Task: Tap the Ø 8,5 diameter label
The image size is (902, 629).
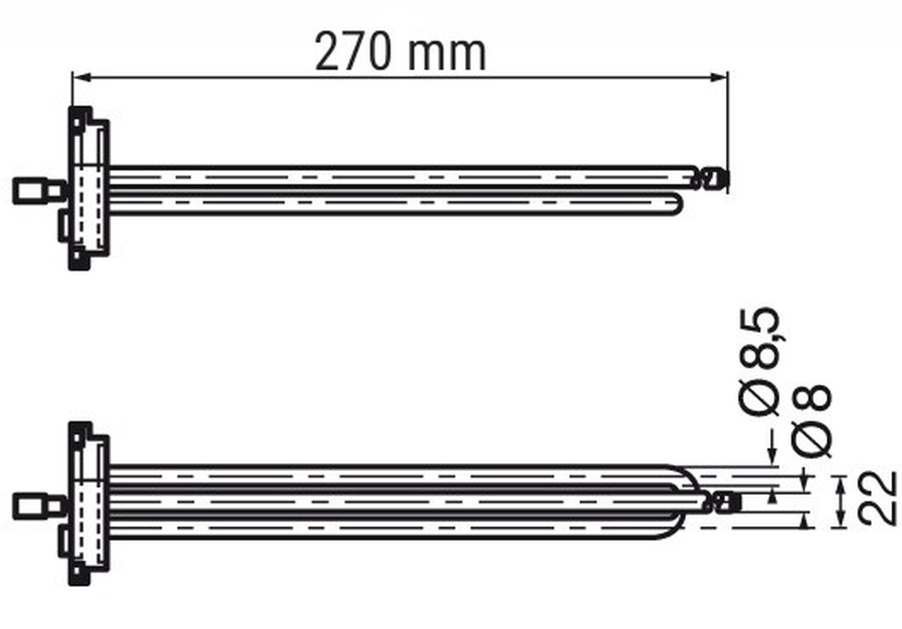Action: tap(759, 361)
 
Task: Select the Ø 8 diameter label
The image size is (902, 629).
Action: tap(811, 421)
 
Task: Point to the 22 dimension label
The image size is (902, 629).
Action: tap(876, 498)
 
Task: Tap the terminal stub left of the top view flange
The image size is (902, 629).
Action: tap(40, 191)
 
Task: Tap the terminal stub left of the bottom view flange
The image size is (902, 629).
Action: tap(40, 506)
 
